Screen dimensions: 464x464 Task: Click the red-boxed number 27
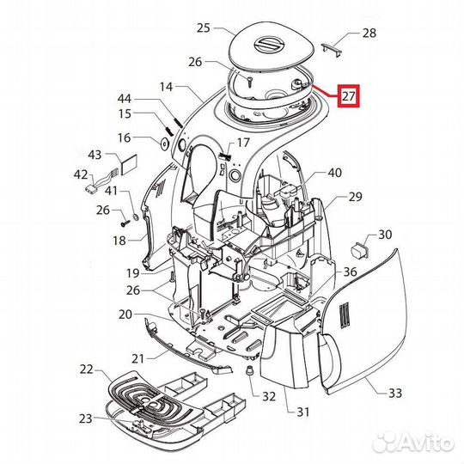(x=348, y=96)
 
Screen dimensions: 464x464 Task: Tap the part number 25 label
(x=204, y=28)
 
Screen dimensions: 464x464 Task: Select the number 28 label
(x=369, y=34)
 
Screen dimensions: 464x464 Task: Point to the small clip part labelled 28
(x=332, y=49)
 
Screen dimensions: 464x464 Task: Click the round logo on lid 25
(x=270, y=46)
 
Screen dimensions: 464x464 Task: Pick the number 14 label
(x=166, y=87)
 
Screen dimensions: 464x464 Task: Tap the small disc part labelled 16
(x=164, y=143)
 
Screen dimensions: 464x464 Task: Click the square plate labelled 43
(x=128, y=164)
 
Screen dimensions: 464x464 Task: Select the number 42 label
(x=81, y=174)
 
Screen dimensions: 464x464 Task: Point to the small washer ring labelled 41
(x=136, y=217)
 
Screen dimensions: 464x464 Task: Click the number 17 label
(x=243, y=143)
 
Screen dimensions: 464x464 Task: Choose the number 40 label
(x=335, y=173)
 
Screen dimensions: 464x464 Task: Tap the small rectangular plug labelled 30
(x=359, y=249)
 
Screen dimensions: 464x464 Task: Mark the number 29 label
(x=355, y=197)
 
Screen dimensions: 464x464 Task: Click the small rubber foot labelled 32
(x=250, y=370)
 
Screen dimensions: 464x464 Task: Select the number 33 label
(x=395, y=394)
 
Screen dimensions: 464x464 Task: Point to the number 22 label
(x=87, y=369)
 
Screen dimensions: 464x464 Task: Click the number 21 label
(x=137, y=359)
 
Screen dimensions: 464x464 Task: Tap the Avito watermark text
(x=412, y=443)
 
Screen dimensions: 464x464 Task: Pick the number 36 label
(x=350, y=272)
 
